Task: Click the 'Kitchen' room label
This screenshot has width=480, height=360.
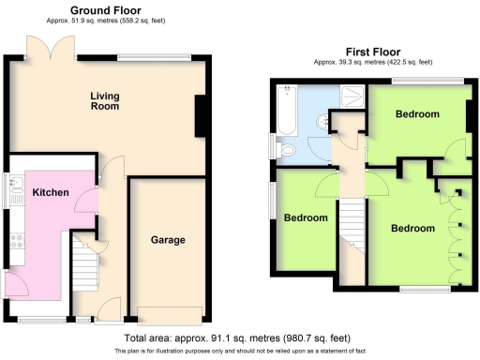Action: click(51, 192)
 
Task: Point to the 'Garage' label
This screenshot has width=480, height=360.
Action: click(168, 240)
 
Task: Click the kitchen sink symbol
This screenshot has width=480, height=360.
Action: click(16, 191)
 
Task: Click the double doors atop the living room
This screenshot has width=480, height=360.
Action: click(51, 47)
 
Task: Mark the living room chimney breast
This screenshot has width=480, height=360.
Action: click(201, 117)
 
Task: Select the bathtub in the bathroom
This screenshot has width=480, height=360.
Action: click(288, 110)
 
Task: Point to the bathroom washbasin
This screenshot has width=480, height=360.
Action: click(322, 120)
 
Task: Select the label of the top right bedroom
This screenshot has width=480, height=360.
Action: click(416, 114)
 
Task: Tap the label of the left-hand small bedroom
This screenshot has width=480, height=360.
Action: click(306, 217)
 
